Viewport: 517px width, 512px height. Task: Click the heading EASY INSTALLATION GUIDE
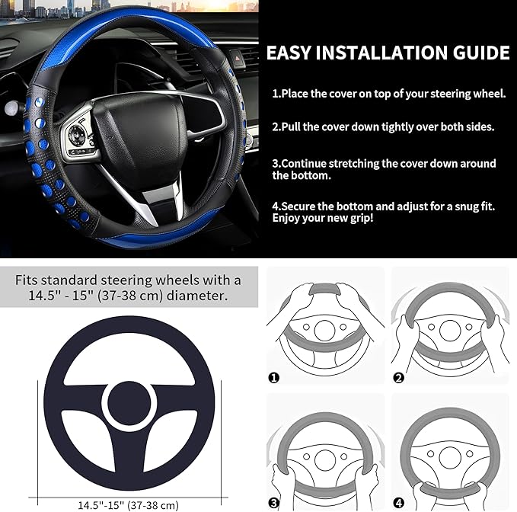[387, 53]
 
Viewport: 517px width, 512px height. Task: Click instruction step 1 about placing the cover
[388, 94]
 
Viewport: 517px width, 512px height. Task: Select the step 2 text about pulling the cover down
[383, 127]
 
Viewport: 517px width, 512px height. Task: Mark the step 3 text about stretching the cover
[385, 169]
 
